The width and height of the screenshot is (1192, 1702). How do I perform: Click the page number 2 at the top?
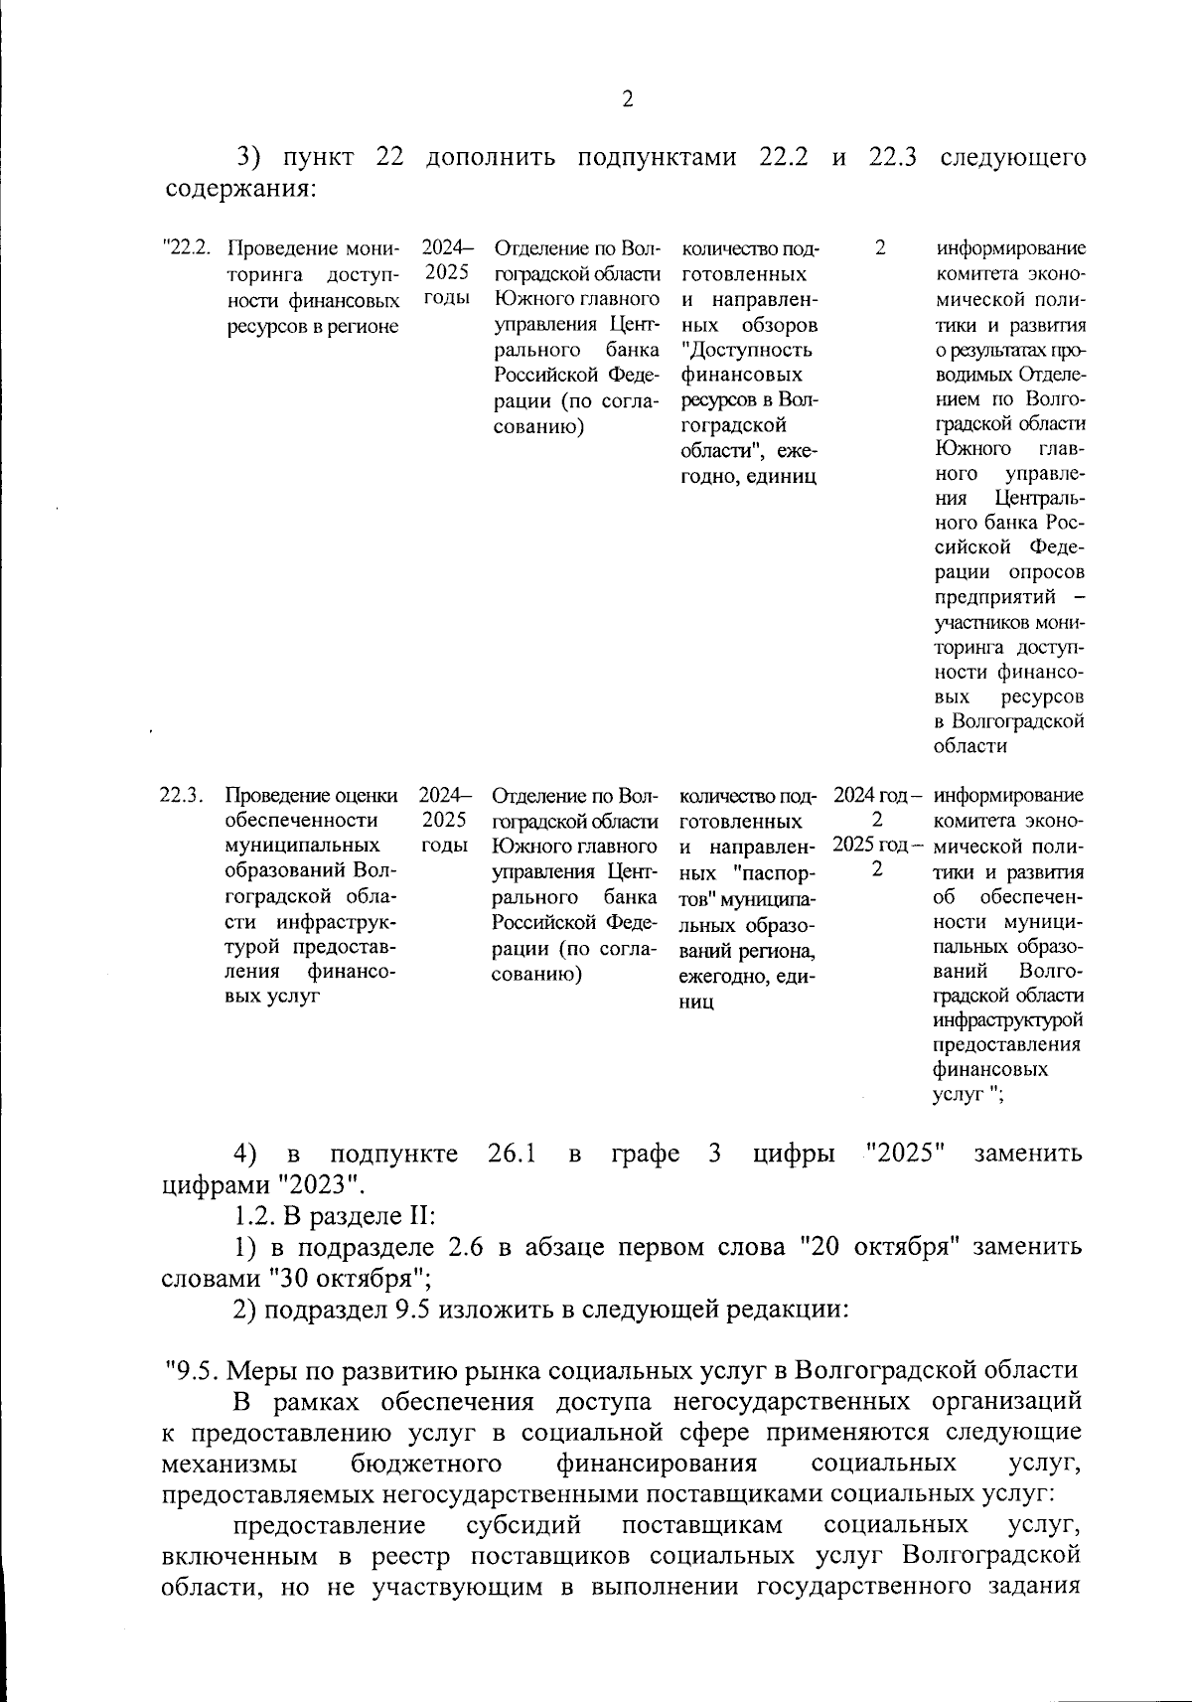pos(627,98)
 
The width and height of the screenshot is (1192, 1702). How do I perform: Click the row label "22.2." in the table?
pos(188,248)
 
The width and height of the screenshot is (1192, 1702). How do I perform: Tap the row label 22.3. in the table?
pos(182,796)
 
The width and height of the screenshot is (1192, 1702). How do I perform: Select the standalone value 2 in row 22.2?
pos(879,248)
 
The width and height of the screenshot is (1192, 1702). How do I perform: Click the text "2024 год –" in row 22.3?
pos(878,796)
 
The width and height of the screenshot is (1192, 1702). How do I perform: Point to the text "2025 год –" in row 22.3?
pos(878,846)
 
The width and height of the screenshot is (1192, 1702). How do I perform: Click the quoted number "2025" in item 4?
pos(904,1154)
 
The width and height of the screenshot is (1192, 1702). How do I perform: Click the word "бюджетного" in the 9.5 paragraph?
pos(425,1464)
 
